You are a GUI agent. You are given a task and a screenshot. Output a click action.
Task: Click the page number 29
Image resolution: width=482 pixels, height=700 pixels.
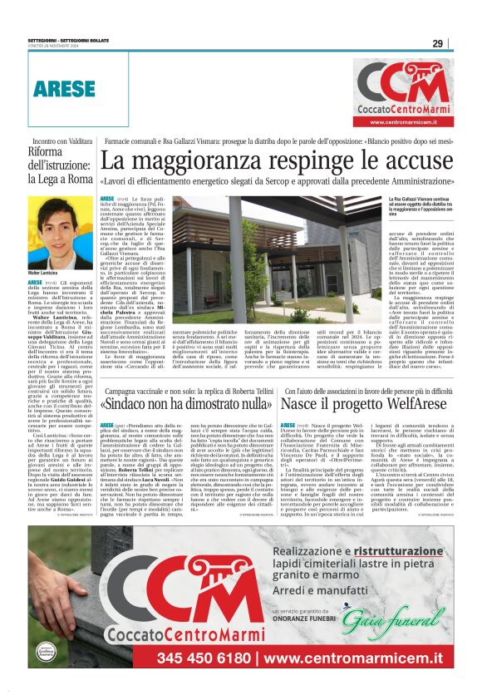(437, 43)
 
